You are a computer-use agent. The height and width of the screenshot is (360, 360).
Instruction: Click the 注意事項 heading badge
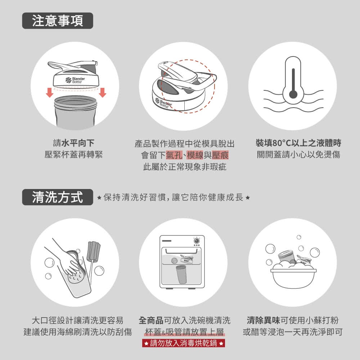pyautogui.click(x=58, y=21)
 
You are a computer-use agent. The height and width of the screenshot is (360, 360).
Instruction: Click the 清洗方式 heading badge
pyautogui.click(x=58, y=197)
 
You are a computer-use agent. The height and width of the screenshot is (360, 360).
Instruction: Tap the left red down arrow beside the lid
pyautogui.click(x=50, y=93)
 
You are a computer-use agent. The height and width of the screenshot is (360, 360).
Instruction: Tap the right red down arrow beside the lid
pyautogui.click(x=102, y=93)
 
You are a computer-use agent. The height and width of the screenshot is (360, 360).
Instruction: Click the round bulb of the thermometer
pyautogui.click(x=293, y=94)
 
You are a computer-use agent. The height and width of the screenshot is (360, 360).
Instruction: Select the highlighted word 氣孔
pyautogui.click(x=174, y=155)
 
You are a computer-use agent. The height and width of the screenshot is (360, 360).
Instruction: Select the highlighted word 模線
pyautogui.click(x=195, y=155)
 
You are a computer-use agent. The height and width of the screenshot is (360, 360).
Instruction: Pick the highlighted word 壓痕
pyautogui.click(x=220, y=155)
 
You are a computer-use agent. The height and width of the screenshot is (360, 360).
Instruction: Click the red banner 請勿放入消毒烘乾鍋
pyautogui.click(x=184, y=343)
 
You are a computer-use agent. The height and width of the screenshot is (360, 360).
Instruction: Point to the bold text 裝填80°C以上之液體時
pyautogui.click(x=298, y=143)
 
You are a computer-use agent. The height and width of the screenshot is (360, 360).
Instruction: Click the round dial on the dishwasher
pyautogui.click(x=197, y=240)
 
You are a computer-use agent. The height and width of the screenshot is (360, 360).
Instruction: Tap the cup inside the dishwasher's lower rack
pyautogui.click(x=181, y=274)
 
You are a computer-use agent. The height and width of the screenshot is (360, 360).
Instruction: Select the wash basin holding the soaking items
pyautogui.click(x=293, y=278)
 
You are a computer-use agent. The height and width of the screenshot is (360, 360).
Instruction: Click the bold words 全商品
pyautogui.click(x=151, y=320)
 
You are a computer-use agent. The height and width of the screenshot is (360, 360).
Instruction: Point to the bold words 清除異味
pyautogui.click(x=264, y=320)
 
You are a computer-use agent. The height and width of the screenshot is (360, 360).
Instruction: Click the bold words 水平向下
pyautogui.click(x=78, y=143)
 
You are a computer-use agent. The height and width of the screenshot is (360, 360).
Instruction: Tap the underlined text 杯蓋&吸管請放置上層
pyautogui.click(x=184, y=332)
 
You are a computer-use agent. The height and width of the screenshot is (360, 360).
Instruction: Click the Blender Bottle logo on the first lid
pyautogui.click(x=75, y=80)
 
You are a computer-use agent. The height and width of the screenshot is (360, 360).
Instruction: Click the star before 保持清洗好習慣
pyautogui.click(x=99, y=197)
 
